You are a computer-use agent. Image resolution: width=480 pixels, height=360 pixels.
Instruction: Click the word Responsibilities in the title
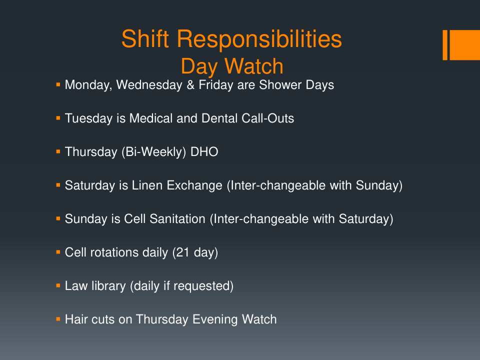coord(259,39)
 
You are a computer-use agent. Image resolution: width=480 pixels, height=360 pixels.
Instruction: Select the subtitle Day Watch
coord(232,66)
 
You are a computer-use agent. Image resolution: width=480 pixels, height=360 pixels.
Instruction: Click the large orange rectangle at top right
coord(464,45)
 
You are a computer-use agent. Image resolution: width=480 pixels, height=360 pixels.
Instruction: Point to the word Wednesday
coord(149,85)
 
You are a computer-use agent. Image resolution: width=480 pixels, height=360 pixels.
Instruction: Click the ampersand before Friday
coord(190,85)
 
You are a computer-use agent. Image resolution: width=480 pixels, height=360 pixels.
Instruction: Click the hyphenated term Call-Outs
coord(267,118)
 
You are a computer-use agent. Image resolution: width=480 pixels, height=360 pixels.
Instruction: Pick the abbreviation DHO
coord(204,152)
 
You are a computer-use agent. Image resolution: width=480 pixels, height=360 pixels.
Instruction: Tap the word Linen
coord(147,185)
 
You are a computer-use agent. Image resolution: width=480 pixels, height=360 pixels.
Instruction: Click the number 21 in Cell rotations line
coord(183,252)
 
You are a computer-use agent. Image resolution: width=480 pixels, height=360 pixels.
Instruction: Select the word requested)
coord(203,286)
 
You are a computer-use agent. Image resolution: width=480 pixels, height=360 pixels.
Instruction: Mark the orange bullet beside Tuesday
coord(58,117)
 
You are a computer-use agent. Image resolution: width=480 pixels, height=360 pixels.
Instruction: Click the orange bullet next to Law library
coord(58,285)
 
